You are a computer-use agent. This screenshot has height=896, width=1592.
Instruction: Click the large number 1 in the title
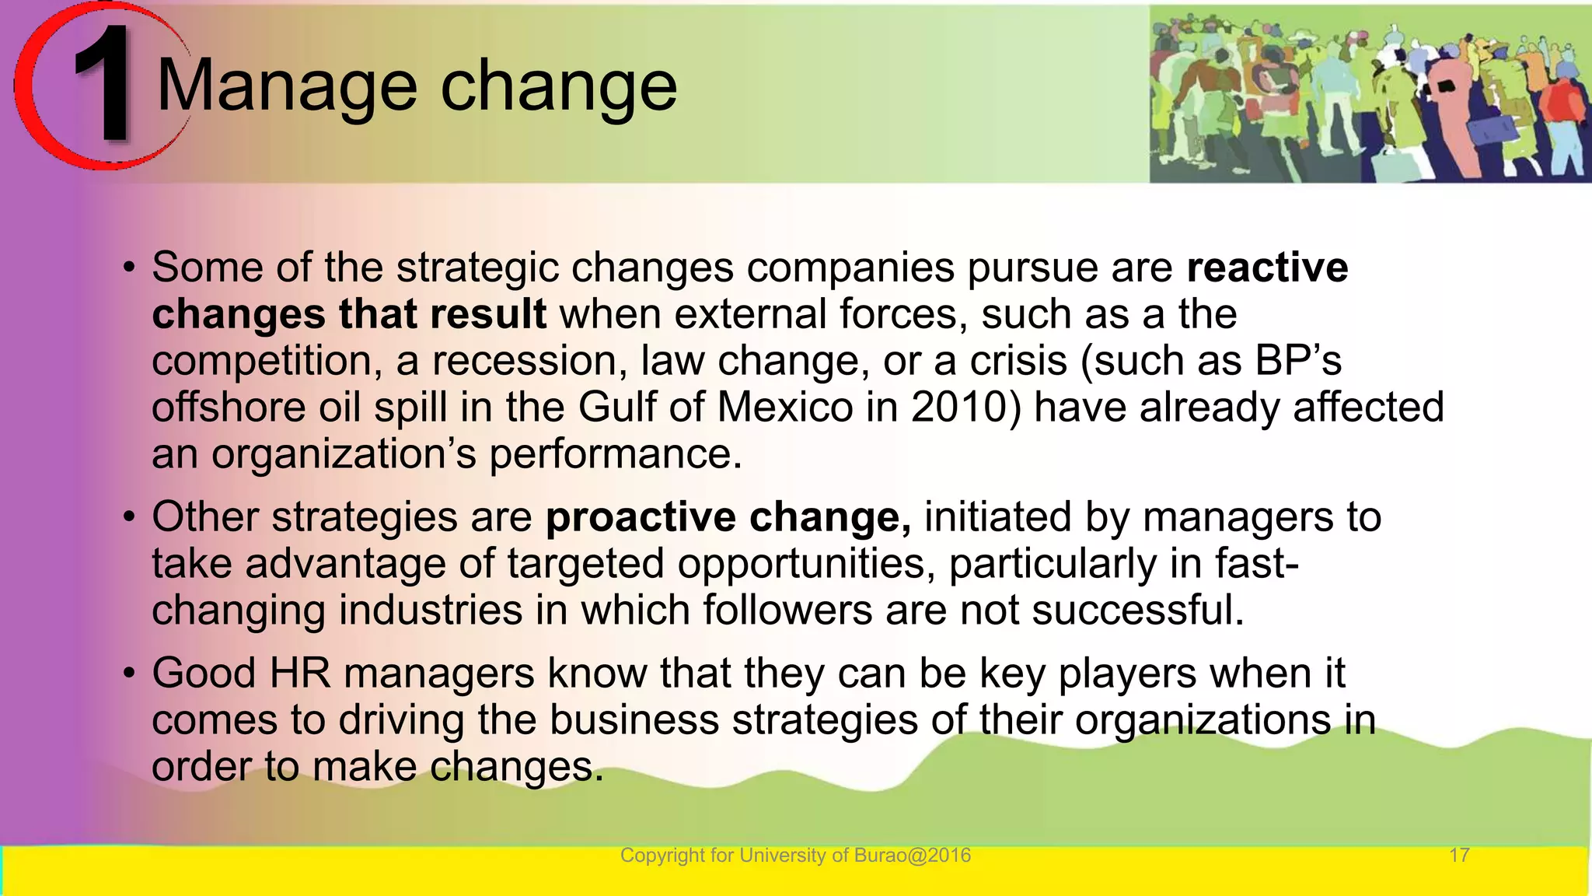pyautogui.click(x=104, y=84)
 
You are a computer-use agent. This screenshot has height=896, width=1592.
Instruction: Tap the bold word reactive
pyautogui.click(x=1267, y=268)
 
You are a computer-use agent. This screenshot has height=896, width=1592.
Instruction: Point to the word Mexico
pyautogui.click(x=784, y=408)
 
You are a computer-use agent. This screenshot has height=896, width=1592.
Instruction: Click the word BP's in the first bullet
pyautogui.click(x=1298, y=361)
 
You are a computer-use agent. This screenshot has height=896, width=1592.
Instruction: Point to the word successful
pyautogui.click(x=1138, y=611)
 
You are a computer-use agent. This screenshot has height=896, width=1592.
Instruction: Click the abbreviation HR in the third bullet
pyautogui.click(x=300, y=674)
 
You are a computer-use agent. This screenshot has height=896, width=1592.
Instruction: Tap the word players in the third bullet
pyautogui.click(x=1127, y=674)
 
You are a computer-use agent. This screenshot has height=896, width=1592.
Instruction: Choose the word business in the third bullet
pyautogui.click(x=634, y=720)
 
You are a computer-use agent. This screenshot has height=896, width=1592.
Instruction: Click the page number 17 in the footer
pyautogui.click(x=1459, y=856)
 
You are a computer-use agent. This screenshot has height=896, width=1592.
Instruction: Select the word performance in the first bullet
pyautogui.click(x=615, y=454)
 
